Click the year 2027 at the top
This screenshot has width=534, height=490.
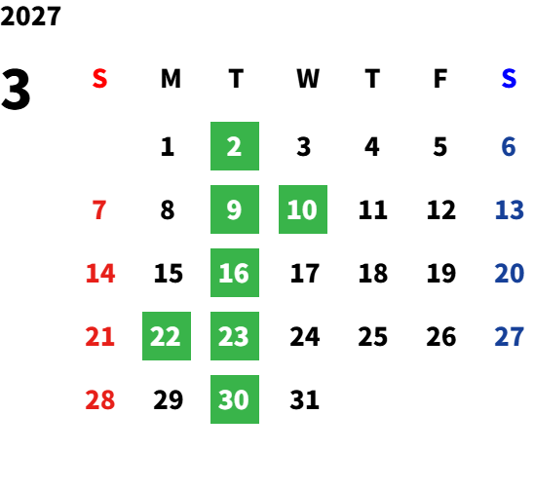[30, 17]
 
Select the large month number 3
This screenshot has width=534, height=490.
[16, 89]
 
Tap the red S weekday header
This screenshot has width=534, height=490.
[99, 79]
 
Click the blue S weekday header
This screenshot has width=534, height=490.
[509, 79]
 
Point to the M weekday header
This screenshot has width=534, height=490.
[171, 79]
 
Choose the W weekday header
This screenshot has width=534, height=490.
[308, 79]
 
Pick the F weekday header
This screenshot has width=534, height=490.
[440, 79]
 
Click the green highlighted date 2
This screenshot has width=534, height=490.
[235, 146]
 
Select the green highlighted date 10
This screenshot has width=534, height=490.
[303, 209]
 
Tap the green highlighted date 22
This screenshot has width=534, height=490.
[167, 336]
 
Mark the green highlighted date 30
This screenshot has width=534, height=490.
[235, 399]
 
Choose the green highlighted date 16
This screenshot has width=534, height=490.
[235, 273]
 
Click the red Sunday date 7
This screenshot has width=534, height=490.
[99, 209]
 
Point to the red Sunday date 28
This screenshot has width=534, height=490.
[100, 399]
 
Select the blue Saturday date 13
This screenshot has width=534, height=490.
[509, 209]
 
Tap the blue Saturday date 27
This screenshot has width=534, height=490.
[509, 336]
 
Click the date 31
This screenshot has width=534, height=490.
[304, 399]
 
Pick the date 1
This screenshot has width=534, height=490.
[168, 147]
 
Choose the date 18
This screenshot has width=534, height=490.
[373, 273]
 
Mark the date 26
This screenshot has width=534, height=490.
[441, 336]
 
